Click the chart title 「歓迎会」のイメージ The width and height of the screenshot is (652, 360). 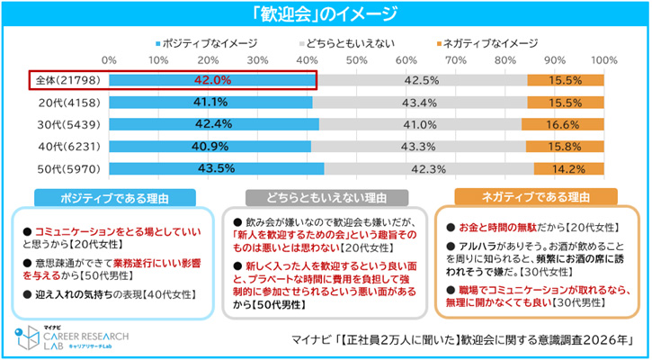(325, 13)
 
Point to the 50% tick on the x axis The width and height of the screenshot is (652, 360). (356, 60)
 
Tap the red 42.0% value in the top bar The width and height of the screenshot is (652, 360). (212, 80)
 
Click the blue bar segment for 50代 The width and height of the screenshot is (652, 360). (216, 168)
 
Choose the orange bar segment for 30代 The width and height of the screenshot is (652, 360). (563, 124)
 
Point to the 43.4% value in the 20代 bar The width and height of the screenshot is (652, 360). (420, 103)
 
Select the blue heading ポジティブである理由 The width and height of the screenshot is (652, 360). (112, 197)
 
